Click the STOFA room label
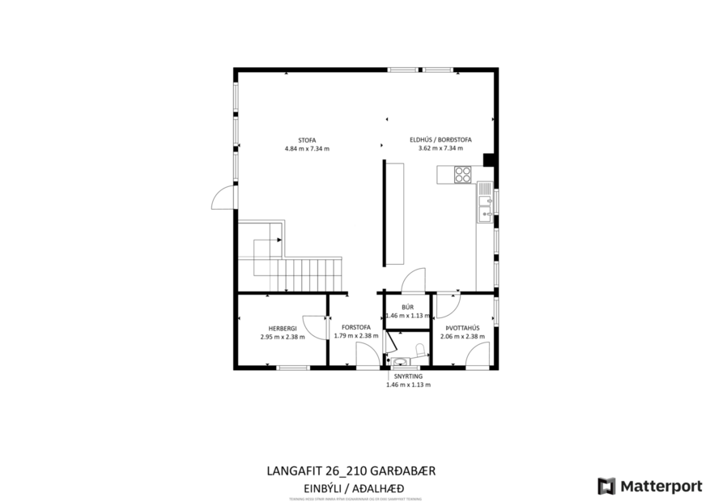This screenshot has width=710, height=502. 306,138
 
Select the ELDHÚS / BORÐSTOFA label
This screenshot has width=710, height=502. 440,138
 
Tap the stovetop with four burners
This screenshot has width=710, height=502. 463,174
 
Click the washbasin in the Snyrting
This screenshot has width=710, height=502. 394,361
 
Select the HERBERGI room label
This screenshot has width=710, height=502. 277,328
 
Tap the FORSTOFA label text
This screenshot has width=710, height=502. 356,328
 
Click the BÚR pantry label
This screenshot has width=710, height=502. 407,307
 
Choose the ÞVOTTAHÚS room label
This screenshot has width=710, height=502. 462,328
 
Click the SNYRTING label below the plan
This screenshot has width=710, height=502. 407,376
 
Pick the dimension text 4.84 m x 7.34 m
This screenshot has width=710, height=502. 306,149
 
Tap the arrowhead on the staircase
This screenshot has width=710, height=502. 278,240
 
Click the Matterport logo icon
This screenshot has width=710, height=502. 606,486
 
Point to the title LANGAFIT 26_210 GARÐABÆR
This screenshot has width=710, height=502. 353,470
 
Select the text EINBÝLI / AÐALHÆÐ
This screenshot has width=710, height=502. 353,487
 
